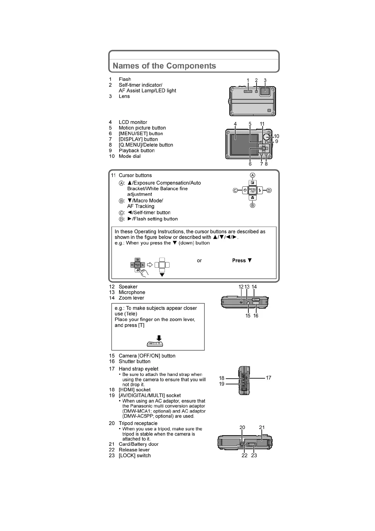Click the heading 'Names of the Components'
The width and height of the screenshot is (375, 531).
click(x=164, y=66)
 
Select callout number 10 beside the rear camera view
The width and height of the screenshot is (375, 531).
click(x=276, y=136)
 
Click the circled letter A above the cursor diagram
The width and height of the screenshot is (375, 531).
click(x=252, y=175)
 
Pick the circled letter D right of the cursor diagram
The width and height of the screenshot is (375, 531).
click(x=269, y=190)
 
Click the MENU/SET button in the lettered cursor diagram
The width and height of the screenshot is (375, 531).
click(x=252, y=190)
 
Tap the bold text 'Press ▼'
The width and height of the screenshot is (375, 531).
click(x=242, y=260)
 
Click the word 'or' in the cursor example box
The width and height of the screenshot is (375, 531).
click(x=199, y=260)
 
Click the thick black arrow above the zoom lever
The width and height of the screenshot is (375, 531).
click(x=159, y=337)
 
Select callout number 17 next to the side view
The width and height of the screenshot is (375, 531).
click(x=268, y=378)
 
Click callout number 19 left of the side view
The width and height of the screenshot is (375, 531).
click(x=222, y=384)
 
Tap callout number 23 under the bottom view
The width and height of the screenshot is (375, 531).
click(x=254, y=455)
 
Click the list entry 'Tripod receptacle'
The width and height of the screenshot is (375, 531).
click(x=138, y=423)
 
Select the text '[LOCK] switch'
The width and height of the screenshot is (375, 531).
click(x=135, y=455)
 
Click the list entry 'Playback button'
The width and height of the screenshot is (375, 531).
click(x=136, y=150)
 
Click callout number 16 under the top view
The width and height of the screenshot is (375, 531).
click(x=256, y=316)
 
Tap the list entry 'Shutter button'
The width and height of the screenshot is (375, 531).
click(x=135, y=361)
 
